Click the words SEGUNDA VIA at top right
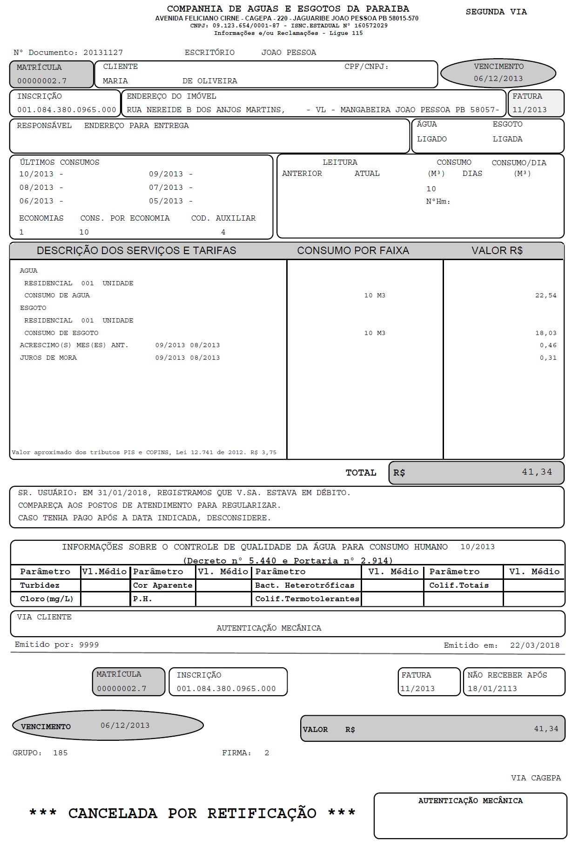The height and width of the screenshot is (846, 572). (496, 12)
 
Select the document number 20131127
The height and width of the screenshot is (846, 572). (103, 53)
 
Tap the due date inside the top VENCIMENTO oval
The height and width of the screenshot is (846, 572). (498, 79)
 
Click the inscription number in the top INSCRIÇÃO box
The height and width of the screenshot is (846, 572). (67, 110)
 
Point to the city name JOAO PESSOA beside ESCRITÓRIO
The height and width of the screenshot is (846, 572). (289, 53)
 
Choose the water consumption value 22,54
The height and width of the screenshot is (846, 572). (545, 295)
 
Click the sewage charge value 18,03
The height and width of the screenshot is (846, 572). (545, 333)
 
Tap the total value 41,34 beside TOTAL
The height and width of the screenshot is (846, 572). (537, 472)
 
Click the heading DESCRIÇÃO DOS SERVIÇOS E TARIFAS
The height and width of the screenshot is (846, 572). (136, 251)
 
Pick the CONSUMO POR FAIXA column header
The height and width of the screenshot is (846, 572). (353, 251)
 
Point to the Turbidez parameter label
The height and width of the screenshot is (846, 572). (40, 585)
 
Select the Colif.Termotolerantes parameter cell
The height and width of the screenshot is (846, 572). (307, 599)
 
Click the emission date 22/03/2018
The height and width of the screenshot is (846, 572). (534, 645)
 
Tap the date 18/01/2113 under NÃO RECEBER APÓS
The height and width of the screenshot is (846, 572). (492, 689)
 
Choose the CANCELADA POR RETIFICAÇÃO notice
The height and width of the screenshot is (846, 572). (192, 813)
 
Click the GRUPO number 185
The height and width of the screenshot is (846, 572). (61, 753)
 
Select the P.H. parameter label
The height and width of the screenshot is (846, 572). (142, 599)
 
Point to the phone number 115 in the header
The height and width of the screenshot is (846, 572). (357, 33)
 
